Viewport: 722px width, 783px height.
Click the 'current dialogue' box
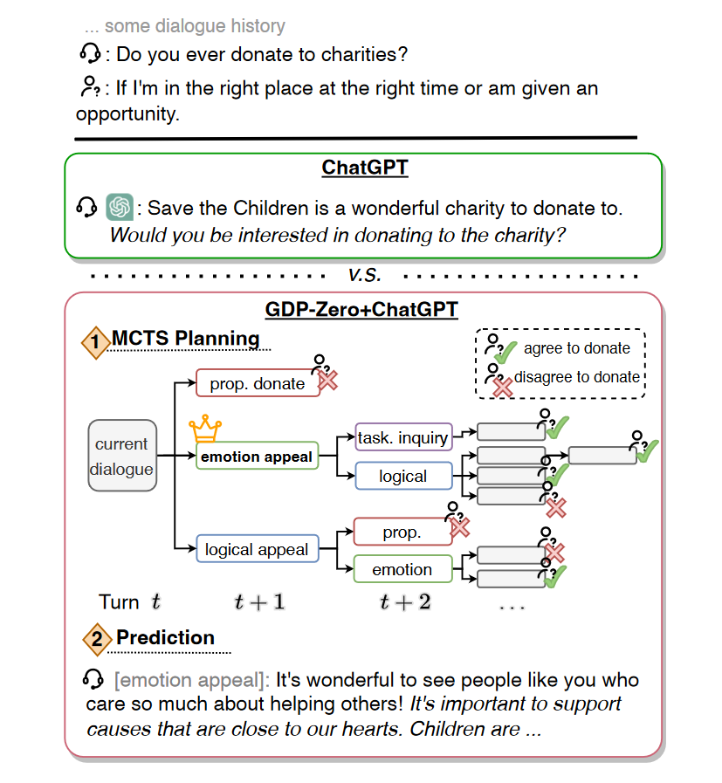pyautogui.click(x=123, y=456)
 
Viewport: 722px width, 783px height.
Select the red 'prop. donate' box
pyautogui.click(x=258, y=383)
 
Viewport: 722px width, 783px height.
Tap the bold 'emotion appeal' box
pyautogui.click(x=257, y=457)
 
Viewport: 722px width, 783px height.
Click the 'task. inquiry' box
pyautogui.click(x=403, y=438)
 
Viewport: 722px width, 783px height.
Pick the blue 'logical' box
pyautogui.click(x=403, y=477)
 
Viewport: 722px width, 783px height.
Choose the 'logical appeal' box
pyautogui.click(x=257, y=550)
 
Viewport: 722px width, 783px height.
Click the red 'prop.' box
pyautogui.click(x=402, y=532)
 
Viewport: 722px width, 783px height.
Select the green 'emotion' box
pyautogui.click(x=402, y=570)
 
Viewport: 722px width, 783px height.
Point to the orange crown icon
pyautogui.click(x=204, y=429)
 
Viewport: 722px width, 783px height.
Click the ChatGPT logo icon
pyautogui.click(x=120, y=207)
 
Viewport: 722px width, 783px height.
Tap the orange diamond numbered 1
pyautogui.click(x=95, y=342)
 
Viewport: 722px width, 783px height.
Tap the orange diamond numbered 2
pyautogui.click(x=96, y=640)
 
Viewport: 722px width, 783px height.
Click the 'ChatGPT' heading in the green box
pyautogui.click(x=364, y=168)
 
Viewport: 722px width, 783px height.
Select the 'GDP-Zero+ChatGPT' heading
pyautogui.click(x=361, y=309)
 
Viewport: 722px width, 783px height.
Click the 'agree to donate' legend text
pyautogui.click(x=576, y=348)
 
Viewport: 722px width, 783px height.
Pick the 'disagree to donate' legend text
pyautogui.click(x=576, y=377)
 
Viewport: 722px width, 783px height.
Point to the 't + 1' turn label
pyautogui.click(x=259, y=602)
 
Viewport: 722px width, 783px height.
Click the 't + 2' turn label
pyautogui.click(x=405, y=602)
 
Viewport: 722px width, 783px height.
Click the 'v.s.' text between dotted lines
pyautogui.click(x=363, y=274)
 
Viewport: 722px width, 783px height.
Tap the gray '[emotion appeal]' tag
pyautogui.click(x=191, y=681)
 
